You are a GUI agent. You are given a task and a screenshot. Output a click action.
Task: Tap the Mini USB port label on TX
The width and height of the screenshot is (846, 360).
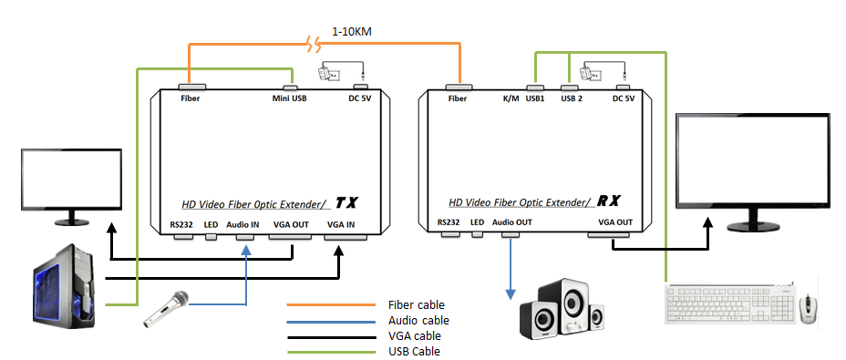pos(289,98)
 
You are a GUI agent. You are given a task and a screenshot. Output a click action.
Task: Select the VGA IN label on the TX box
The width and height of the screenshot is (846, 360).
pos(341,223)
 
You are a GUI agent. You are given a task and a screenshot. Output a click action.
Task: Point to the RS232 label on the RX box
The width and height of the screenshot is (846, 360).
pos(448,221)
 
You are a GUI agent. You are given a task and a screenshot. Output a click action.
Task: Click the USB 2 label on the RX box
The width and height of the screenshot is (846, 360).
pos(572,98)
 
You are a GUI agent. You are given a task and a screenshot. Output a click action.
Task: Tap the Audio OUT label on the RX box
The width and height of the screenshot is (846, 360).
pos(511,221)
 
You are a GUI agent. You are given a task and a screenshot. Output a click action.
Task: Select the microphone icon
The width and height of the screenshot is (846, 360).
pos(166,308)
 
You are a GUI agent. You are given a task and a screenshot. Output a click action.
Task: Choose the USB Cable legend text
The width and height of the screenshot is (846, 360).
pos(415,351)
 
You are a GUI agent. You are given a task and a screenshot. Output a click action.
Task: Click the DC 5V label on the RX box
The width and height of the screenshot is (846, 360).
pos(624,98)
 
